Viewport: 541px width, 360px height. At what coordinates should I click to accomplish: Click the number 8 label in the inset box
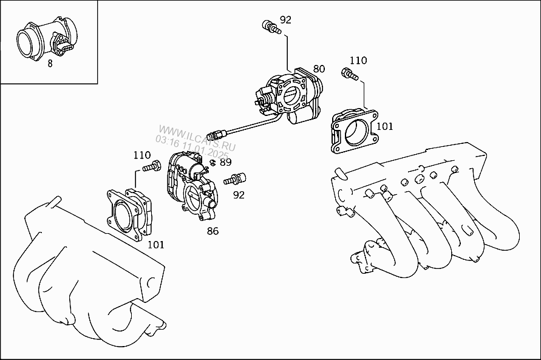pos(49,63)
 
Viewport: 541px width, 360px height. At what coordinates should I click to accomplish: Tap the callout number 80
pos(319,69)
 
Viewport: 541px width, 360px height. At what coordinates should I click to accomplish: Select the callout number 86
pos(213,231)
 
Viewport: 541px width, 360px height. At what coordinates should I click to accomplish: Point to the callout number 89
pos(226,162)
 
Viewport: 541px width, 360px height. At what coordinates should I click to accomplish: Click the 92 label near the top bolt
pos(285,19)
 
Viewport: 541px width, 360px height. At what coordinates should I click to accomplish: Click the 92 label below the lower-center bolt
pos(239,195)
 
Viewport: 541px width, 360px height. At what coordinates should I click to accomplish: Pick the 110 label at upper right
pos(358,60)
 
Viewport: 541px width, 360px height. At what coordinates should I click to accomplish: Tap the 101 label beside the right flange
pos(385,126)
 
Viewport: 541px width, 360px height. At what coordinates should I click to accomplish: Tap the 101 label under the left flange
pos(156,245)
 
